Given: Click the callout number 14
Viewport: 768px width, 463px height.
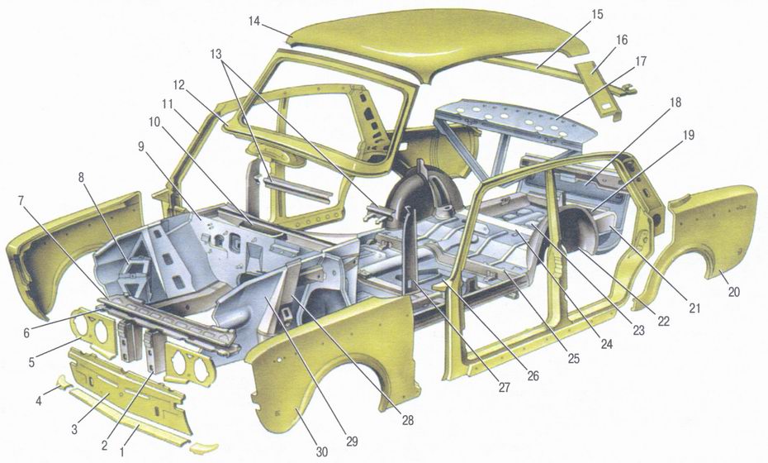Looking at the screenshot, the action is pyautogui.click(x=254, y=21).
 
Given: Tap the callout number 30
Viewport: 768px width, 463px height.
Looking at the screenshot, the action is pyautogui.click(x=321, y=451).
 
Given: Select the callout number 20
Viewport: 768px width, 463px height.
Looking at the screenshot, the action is pyautogui.click(x=733, y=293).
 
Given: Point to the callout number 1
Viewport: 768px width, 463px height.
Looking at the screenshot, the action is pyautogui.click(x=122, y=451).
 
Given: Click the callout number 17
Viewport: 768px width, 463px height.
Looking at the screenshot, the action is pyautogui.click(x=640, y=62).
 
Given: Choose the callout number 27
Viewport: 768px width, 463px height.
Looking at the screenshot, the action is pyautogui.click(x=504, y=388).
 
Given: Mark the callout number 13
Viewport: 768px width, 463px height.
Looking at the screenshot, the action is pyautogui.click(x=216, y=54).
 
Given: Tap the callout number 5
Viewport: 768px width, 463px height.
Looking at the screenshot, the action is pyautogui.click(x=31, y=364).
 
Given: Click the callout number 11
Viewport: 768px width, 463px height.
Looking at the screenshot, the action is pyautogui.click(x=168, y=104).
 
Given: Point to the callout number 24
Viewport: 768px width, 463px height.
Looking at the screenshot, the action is pyautogui.click(x=606, y=344).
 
